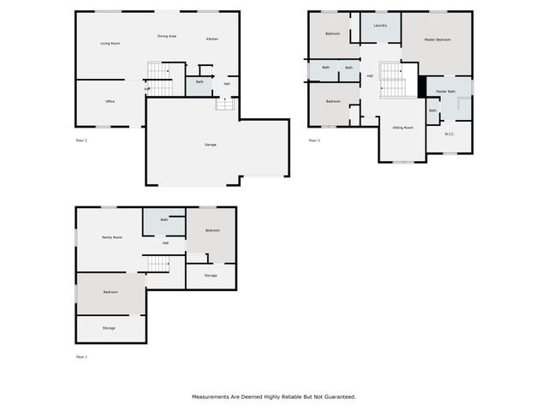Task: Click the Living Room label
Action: [110, 44]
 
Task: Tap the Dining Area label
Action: [167, 37]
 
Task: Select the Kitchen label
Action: [212, 39]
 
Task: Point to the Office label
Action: [110, 102]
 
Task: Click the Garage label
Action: [210, 145]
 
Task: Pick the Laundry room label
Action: [380, 26]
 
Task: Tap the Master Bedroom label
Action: [438, 39]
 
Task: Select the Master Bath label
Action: [445, 91]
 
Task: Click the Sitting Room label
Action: [402, 128]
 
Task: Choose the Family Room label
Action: [112, 237]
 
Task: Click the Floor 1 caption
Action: [82, 357]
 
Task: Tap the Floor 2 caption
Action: [82, 140]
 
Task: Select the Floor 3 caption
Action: [314, 140]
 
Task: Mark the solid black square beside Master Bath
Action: [421, 86]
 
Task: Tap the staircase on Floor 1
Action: [156, 264]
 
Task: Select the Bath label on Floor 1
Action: [164, 220]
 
